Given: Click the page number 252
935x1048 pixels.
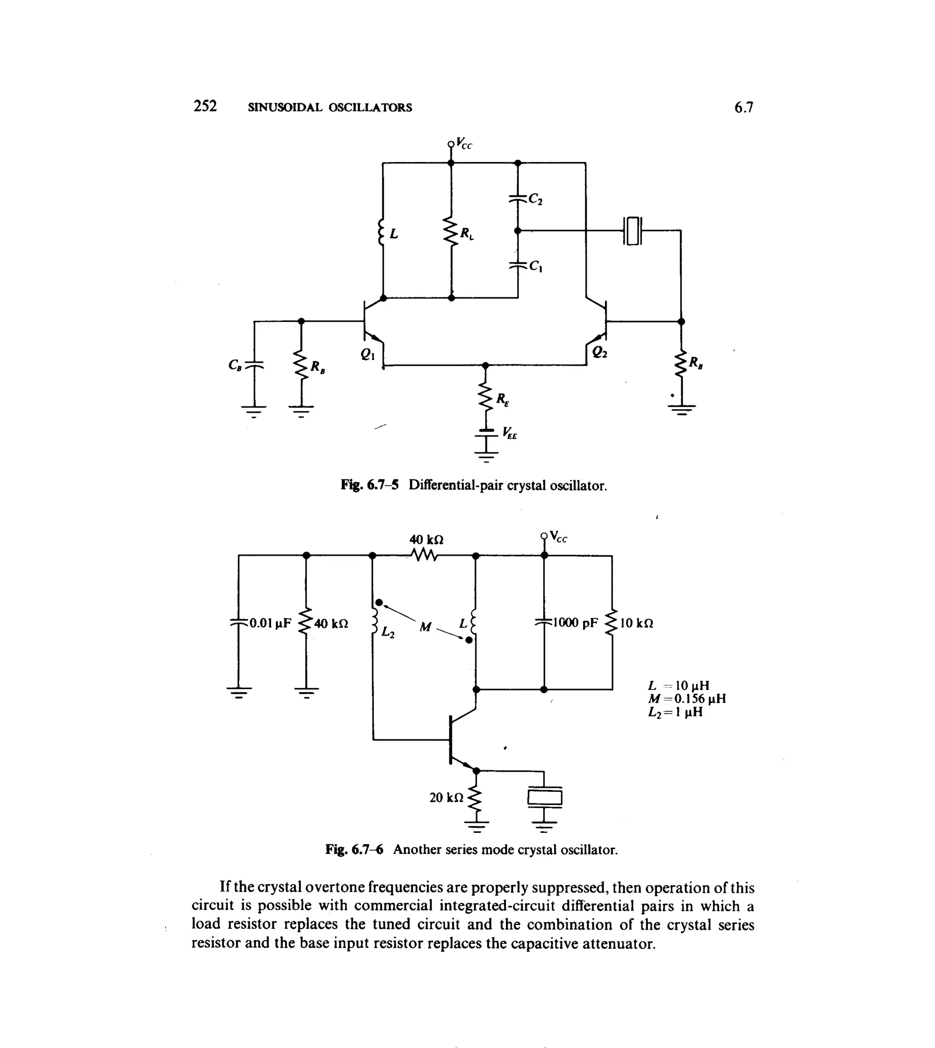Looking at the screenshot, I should click(205, 106).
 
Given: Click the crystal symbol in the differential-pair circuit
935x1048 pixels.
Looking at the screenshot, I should click(632, 231).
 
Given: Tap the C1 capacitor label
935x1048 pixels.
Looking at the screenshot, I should click(536, 266).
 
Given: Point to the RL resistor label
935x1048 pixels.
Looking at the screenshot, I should click(467, 234).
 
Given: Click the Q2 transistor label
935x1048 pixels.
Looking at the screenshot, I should click(599, 352).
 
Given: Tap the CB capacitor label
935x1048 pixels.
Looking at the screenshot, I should click(235, 365).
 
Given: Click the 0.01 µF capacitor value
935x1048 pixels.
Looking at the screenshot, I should click(270, 623).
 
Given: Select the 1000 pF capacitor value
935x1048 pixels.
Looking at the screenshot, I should click(575, 623).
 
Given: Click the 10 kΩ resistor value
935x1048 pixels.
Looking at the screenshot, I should click(636, 624).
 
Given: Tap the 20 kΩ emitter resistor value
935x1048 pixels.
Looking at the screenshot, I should click(446, 797).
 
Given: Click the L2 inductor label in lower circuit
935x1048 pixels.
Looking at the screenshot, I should click(388, 633).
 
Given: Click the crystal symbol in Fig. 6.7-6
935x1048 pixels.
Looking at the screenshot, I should click(545, 798).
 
